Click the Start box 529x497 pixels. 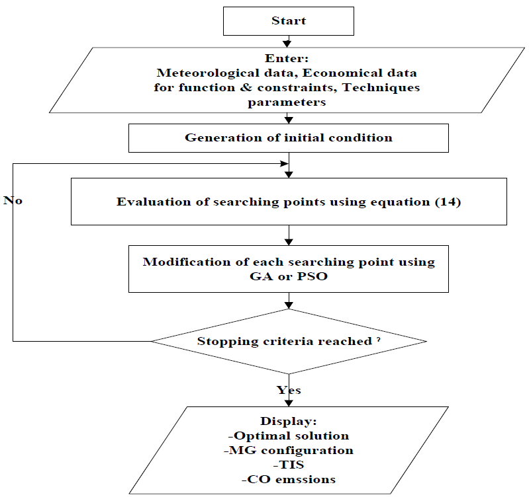289,21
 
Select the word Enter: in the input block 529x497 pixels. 287,58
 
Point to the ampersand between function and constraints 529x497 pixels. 246,87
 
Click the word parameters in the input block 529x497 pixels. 287,102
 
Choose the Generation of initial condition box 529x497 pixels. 289,138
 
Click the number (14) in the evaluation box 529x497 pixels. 448,202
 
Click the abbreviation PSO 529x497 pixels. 313,276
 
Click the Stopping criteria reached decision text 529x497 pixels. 285,341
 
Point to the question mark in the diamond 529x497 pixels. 379,340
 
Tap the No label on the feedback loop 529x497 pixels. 13,201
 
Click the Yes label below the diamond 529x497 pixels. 289,390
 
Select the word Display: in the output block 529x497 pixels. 289,421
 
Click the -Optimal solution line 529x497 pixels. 289,436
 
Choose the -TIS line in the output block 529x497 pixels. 289,465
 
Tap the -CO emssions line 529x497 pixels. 289,479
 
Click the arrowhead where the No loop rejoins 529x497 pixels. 285,164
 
